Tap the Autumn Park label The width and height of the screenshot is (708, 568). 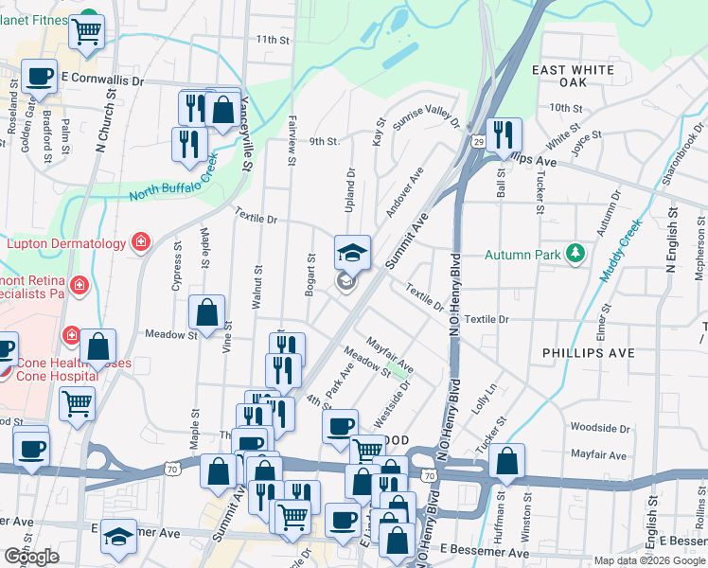click(x=523, y=255)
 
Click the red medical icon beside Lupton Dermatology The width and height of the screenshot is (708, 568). click(x=141, y=243)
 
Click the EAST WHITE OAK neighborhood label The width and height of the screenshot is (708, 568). click(x=573, y=77)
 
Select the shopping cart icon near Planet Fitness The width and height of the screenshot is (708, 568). click(x=86, y=31)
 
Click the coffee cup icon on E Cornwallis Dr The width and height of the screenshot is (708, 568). click(x=39, y=75)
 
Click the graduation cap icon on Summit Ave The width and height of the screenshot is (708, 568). click(x=352, y=252)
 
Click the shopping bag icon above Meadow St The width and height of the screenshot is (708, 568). click(x=206, y=311)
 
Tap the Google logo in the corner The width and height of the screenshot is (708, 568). click(x=31, y=557)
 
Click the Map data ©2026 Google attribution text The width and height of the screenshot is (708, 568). click(x=649, y=560)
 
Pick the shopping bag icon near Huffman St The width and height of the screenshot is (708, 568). click(x=508, y=461)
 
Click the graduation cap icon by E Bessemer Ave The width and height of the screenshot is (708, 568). click(x=118, y=535)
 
